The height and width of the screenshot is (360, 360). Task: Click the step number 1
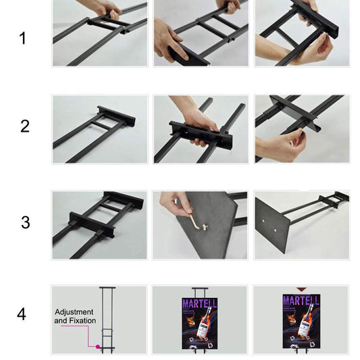pyautogui.click(x=23, y=38)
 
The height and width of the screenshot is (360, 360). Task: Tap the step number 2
pyautogui.click(x=25, y=126)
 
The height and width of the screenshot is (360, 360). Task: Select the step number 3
pyautogui.click(x=26, y=223)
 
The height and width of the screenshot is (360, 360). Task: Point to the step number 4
pyautogui.click(x=22, y=314)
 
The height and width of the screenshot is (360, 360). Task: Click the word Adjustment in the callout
pyautogui.click(x=75, y=312)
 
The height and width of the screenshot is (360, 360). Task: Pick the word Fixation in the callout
pyautogui.click(x=82, y=321)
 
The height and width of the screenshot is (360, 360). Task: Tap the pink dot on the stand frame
pyautogui.click(x=97, y=347)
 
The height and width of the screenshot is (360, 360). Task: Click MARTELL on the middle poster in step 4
pyautogui.click(x=199, y=304)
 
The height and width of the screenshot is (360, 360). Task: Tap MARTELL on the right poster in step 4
pyautogui.click(x=301, y=300)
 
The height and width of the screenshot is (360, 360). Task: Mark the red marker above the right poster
pyautogui.click(x=301, y=288)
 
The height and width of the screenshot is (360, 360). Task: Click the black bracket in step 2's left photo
pyautogui.click(x=116, y=116)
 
